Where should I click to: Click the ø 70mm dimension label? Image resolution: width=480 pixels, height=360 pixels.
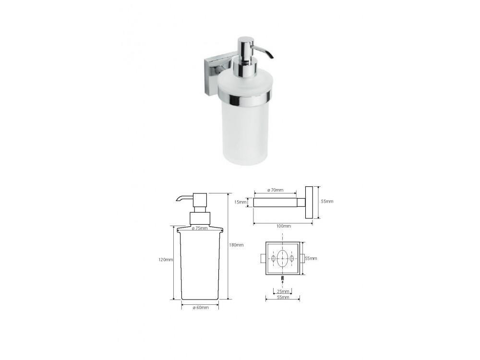pos(275,190)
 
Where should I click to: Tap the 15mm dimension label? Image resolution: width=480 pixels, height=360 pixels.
pos(240,202)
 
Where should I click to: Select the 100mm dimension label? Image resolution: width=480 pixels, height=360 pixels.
pos(284,226)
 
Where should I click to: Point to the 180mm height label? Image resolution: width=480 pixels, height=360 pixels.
pos(237,245)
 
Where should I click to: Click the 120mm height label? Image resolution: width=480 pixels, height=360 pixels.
pos(166,260)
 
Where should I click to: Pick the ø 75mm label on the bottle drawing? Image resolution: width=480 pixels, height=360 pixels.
pos(200,228)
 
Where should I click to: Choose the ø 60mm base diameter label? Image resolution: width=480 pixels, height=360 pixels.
pos(201,308)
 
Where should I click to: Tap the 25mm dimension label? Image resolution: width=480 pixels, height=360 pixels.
pos(283,291)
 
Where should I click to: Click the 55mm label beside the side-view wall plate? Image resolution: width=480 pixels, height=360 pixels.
pos(327,202)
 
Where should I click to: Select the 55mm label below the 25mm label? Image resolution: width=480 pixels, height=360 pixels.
pos(283,297)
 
